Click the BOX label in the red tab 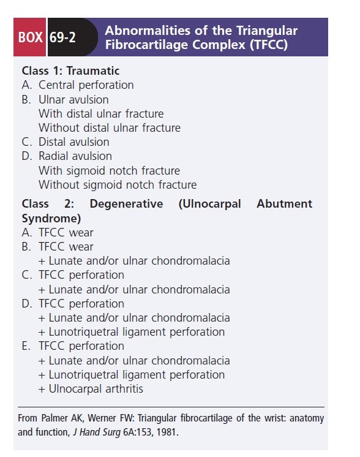tap(30, 37)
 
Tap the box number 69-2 tap(63, 37)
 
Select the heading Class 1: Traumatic tap(71, 70)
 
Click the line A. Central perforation tap(78, 85)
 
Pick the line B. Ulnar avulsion tap(66, 99)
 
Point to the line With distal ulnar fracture tap(101, 113)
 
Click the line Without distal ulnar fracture tap(110, 127)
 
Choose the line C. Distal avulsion tap(66, 142)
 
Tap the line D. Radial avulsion tap(67, 156)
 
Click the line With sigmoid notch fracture tap(109, 170)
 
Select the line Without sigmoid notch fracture tap(118, 184)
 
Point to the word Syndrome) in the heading tap(51, 217)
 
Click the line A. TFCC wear tap(58, 232)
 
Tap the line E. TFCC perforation tap(73, 346)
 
